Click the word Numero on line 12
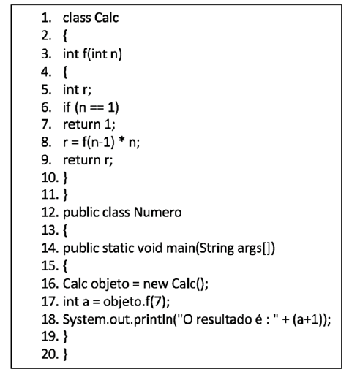pos(157,212)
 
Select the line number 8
pos(46,142)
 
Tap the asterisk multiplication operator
pos(121,140)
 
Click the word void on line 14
pos(150,248)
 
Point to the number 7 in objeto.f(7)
pos(157,301)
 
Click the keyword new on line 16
pos(155,284)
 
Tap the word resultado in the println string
pos(224,319)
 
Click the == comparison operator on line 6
pos(97,107)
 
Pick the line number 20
pos(50,354)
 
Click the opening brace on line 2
pos(65,36)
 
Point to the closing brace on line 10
pos(65,178)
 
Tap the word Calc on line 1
pos(106,18)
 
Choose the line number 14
pos(50,248)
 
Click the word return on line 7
pos(82,124)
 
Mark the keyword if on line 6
pos(67,107)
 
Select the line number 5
pos(46,89)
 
